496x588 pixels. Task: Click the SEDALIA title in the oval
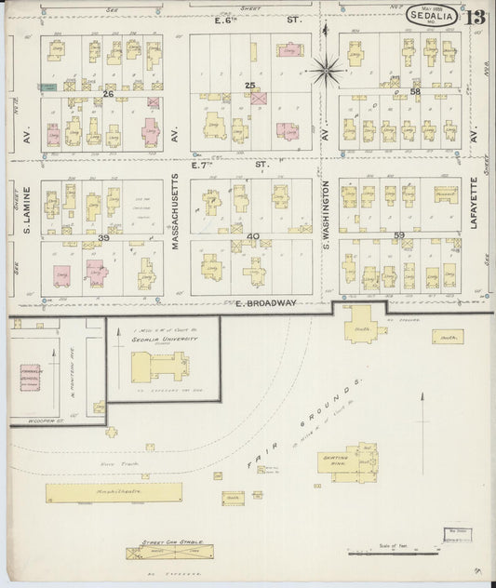click(x=431, y=14)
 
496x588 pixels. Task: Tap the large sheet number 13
click(x=476, y=17)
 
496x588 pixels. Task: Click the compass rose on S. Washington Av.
click(x=327, y=65)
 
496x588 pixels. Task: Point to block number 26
click(x=108, y=94)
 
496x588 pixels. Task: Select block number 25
click(x=249, y=86)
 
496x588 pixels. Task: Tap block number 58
click(x=415, y=91)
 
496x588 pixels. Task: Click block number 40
click(x=253, y=236)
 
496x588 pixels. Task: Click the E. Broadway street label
click(x=266, y=303)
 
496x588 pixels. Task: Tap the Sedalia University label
click(x=162, y=341)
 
